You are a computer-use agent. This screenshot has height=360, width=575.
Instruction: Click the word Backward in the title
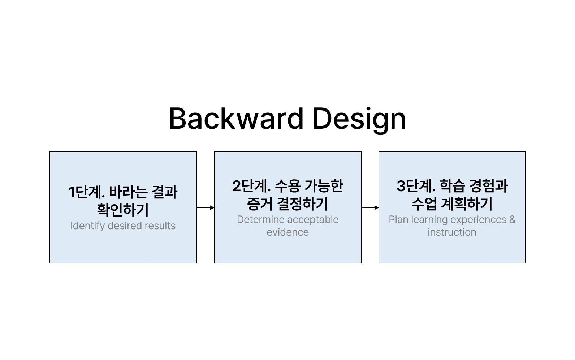236,119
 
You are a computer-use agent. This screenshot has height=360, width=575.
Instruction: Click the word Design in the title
359,120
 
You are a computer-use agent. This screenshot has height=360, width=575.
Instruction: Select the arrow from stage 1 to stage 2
206,207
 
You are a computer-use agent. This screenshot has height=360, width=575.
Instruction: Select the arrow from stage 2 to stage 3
370,207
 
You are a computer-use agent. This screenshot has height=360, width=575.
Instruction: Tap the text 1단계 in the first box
87,192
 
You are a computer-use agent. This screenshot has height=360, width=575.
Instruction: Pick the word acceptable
313,220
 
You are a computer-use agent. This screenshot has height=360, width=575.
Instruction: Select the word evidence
287,232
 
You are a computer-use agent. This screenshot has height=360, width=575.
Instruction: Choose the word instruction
452,232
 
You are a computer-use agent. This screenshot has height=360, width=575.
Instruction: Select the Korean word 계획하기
466,204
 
